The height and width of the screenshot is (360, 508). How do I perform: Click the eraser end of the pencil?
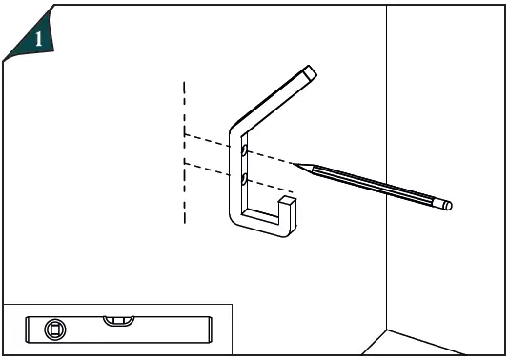point(447,204)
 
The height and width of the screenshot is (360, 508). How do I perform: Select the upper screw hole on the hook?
point(244,150)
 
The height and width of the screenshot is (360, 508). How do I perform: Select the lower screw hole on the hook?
point(244,178)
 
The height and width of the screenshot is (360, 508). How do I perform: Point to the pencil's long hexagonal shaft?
point(372,184)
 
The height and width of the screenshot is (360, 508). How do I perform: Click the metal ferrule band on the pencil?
point(434,200)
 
